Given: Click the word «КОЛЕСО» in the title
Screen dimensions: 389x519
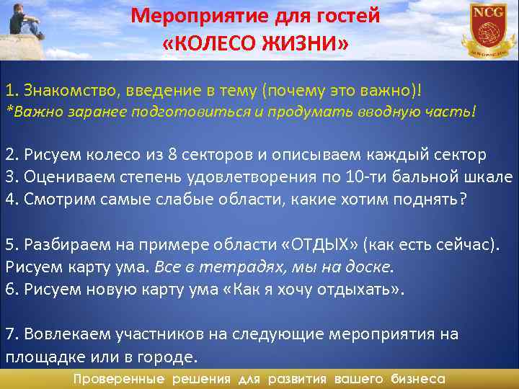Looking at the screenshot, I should tap(214, 45).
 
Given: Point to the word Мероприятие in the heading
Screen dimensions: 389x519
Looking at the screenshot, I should tap(194, 15).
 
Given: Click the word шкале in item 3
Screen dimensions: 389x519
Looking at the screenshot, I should tap(492, 177).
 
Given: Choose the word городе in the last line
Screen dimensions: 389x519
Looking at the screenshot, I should tap(170, 357).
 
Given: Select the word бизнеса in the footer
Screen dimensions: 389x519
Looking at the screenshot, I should tap(417, 379).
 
